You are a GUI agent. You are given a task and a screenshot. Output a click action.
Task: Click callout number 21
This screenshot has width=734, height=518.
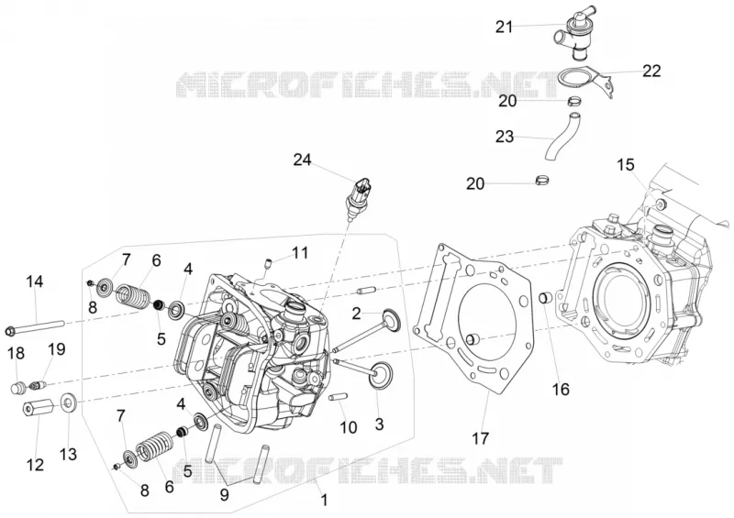pyautogui.click(x=504, y=28)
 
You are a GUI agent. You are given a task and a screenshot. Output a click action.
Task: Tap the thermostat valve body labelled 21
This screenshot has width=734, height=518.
pyautogui.click(x=574, y=34)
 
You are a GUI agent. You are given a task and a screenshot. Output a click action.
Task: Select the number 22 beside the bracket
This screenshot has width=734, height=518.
pyautogui.click(x=651, y=71)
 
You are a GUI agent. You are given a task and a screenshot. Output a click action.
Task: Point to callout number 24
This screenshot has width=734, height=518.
pyautogui.click(x=302, y=160)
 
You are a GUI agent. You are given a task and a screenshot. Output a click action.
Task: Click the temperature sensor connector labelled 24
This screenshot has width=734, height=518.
pyautogui.click(x=359, y=194)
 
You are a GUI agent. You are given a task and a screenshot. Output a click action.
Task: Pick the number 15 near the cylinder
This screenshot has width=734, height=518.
pyautogui.click(x=626, y=165)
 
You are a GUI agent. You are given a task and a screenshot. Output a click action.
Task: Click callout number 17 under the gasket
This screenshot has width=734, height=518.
pyautogui.click(x=480, y=438)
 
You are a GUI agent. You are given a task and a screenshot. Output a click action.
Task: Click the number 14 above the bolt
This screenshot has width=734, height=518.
pyautogui.click(x=35, y=281)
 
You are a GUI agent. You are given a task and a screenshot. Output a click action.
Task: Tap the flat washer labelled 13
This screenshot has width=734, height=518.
pyautogui.click(x=69, y=402)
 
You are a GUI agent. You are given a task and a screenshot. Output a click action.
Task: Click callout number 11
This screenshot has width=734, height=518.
pyautogui.click(x=300, y=253)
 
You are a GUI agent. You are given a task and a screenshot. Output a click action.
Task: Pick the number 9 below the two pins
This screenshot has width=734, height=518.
pyautogui.click(x=224, y=494)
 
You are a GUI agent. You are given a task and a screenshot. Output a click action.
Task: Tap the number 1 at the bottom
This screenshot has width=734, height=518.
pyautogui.click(x=324, y=501)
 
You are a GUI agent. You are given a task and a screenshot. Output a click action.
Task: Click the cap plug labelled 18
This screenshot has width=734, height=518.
pyautogui.click(x=17, y=388)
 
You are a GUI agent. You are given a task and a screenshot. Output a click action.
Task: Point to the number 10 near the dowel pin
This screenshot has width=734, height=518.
pyautogui.click(x=349, y=427)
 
